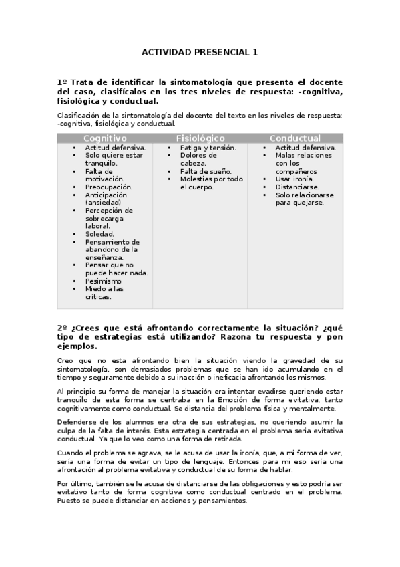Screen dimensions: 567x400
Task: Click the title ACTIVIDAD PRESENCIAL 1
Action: (200, 51)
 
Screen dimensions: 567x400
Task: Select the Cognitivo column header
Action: (105, 138)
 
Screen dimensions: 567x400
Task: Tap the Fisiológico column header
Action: (200, 138)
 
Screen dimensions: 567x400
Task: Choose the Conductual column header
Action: (294, 138)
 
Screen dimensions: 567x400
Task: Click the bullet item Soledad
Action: (99, 234)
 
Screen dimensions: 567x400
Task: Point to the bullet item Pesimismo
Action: (104, 281)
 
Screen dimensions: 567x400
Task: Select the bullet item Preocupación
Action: (108, 187)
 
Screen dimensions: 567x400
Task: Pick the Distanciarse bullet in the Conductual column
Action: (297, 187)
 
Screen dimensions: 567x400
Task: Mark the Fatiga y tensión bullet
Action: (208, 148)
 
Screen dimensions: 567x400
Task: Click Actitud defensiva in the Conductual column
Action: (305, 148)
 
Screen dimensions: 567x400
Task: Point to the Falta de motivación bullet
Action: (104, 175)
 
